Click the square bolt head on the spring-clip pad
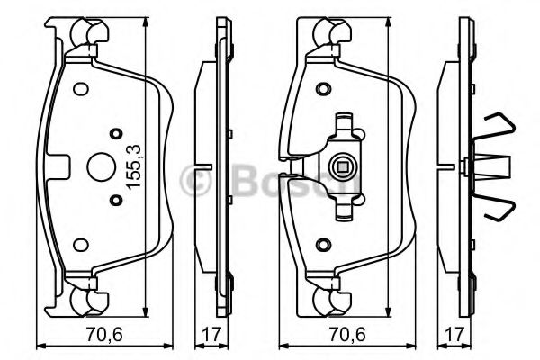tap(342, 166)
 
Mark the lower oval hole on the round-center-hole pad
tap(78, 243)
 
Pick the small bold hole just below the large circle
tap(115, 201)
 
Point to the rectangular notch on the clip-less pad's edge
tap(59, 166)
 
